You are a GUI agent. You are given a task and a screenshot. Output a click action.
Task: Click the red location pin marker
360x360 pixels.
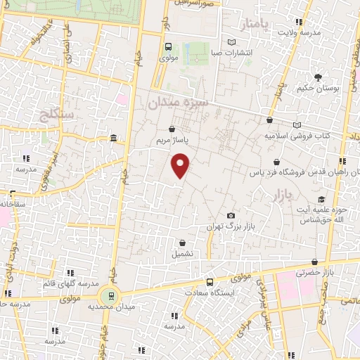(181, 165)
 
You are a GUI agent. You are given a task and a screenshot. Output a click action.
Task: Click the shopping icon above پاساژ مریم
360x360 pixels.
(173, 129)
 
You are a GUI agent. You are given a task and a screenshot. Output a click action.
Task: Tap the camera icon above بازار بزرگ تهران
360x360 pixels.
(231, 215)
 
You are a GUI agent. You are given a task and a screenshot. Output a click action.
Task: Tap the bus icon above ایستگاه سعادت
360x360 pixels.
(209, 281)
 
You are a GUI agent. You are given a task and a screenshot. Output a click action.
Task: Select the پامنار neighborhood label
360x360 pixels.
(255, 26)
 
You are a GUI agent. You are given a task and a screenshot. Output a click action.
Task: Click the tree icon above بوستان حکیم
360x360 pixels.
(319, 77)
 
